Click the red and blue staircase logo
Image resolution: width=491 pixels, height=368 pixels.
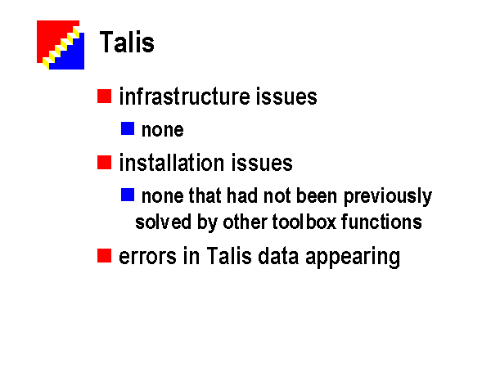pyautogui.click(x=61, y=45)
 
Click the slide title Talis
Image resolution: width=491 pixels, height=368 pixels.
pyautogui.click(x=127, y=42)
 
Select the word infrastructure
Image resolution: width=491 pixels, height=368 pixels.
pyautogui.click(x=185, y=96)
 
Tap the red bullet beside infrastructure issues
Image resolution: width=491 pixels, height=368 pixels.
pyautogui.click(x=104, y=96)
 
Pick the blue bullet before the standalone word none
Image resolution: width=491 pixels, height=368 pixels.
pyautogui.click(x=128, y=128)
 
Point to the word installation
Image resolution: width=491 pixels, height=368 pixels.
pyautogui.click(x=172, y=163)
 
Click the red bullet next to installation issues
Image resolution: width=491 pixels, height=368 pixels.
pyautogui.click(x=104, y=163)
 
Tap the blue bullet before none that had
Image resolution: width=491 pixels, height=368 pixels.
pyautogui.click(x=128, y=195)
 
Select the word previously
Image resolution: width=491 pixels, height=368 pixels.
pyautogui.click(x=388, y=197)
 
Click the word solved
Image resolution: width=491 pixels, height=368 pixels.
pyautogui.click(x=163, y=222)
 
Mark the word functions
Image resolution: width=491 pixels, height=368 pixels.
pyautogui.click(x=381, y=222)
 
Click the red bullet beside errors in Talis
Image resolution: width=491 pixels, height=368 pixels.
pyautogui.click(x=104, y=256)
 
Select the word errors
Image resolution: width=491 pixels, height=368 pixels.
pyautogui.click(x=148, y=257)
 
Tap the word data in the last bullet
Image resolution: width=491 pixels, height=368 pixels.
pyautogui.click(x=278, y=256)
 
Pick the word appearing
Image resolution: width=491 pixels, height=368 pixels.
pyautogui.click(x=353, y=258)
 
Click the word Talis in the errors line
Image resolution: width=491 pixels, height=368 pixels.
pyautogui.click(x=229, y=256)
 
